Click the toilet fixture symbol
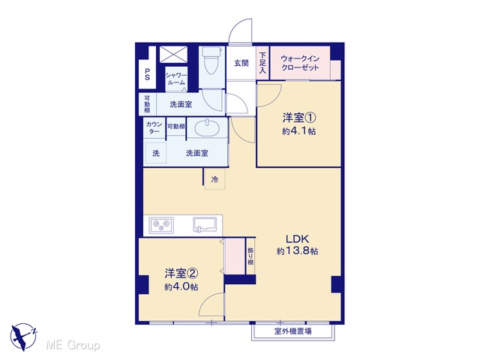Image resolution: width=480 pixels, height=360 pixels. [x=211, y=60]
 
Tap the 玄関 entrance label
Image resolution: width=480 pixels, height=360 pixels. [x=241, y=63]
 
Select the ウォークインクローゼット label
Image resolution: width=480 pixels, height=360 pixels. [x=300, y=63]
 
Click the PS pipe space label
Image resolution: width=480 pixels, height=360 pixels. [x=147, y=74]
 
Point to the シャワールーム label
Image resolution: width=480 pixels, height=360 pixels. [x=176, y=79]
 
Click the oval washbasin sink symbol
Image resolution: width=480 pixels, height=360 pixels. [x=207, y=127]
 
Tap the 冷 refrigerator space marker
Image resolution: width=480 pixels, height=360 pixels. [x=215, y=180]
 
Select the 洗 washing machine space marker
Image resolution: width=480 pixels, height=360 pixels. [x=156, y=153]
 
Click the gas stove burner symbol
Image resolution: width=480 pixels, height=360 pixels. [x=161, y=225]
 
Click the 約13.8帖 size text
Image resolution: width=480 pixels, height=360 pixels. [x=297, y=251]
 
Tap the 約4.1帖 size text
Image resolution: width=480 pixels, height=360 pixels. [x=298, y=131]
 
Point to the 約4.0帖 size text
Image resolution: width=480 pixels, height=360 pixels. [x=181, y=286]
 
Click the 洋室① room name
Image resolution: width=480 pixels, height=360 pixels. [x=298, y=118]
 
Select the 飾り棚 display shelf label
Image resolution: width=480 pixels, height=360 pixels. [x=250, y=256]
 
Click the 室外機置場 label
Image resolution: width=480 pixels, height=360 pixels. [x=292, y=331]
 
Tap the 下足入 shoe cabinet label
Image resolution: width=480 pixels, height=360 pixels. [x=262, y=63]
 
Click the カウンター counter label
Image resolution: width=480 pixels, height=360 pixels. [x=154, y=127]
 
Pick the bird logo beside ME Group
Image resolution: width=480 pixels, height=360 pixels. [x=23, y=337]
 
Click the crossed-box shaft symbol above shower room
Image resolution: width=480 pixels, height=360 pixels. [x=173, y=55]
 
